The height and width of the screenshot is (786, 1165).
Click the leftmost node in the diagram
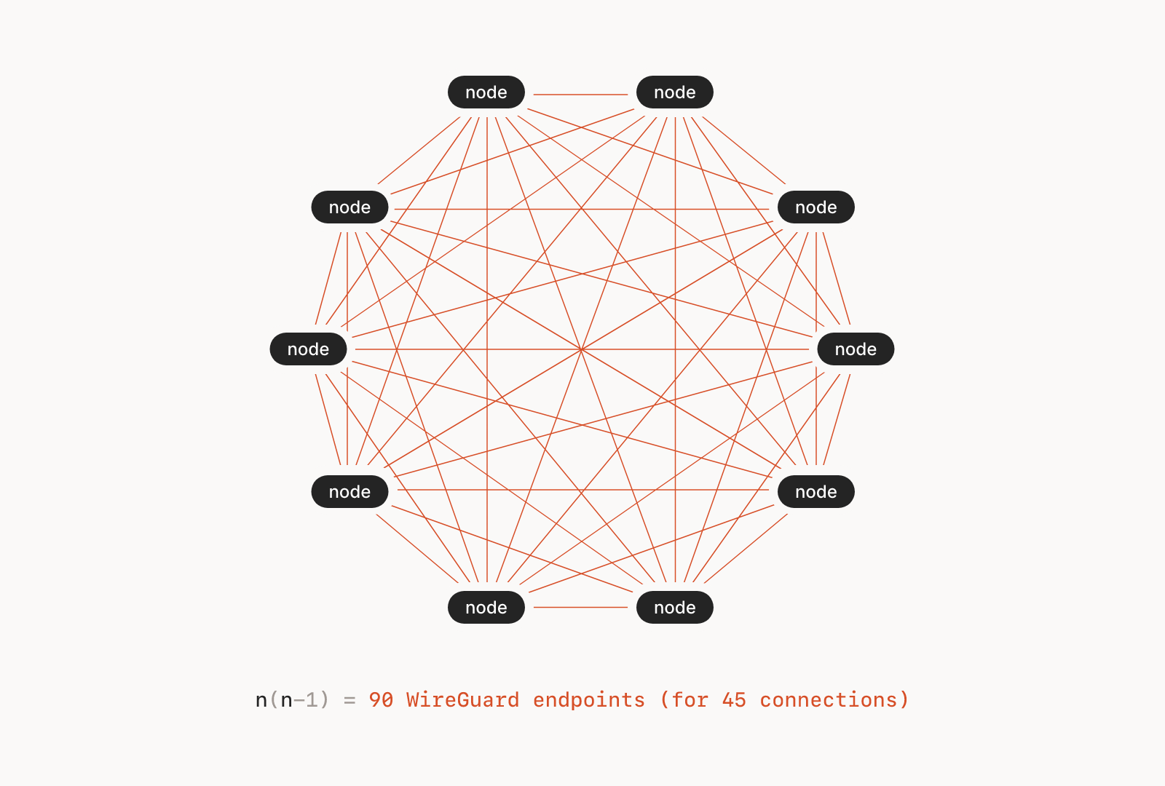pyautogui.click(x=308, y=349)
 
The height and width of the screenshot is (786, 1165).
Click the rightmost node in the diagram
pyautogui.click(x=856, y=349)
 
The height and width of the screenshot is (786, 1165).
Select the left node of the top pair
pyautogui.click(x=486, y=92)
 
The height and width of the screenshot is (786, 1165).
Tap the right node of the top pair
pyautogui.click(x=675, y=92)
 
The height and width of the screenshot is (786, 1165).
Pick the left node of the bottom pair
pyautogui.click(x=486, y=608)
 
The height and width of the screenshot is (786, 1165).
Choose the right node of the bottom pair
pyautogui.click(x=675, y=608)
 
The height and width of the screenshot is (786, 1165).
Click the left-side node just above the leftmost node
pyautogui.click(x=349, y=207)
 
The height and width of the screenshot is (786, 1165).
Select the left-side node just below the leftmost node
pyautogui.click(x=349, y=492)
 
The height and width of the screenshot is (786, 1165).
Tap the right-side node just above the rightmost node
pyautogui.click(x=815, y=207)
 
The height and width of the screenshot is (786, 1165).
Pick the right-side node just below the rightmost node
pyautogui.click(x=815, y=492)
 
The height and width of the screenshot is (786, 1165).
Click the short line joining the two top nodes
pyautogui.click(x=580, y=95)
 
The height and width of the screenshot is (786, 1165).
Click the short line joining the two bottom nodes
pyautogui.click(x=580, y=607)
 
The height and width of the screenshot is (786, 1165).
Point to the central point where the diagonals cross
pyautogui.click(x=581, y=349)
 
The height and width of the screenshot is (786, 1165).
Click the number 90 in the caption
pyautogui.click(x=381, y=700)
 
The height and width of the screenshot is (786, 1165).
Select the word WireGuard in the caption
pyautogui.click(x=462, y=700)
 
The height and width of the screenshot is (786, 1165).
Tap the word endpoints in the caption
pyautogui.click(x=588, y=700)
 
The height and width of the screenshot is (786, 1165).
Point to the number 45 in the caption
pyautogui.click(x=734, y=700)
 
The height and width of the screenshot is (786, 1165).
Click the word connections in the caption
pyautogui.click(x=829, y=700)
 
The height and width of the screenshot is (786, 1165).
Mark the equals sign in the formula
pyautogui.click(x=349, y=701)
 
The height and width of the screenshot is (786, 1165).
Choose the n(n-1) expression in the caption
pyautogui.click(x=292, y=700)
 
